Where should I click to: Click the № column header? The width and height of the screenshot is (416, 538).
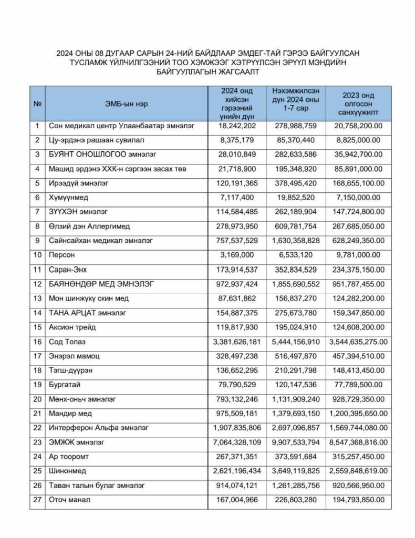click(37, 104)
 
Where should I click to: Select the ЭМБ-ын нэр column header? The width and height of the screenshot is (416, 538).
click(127, 104)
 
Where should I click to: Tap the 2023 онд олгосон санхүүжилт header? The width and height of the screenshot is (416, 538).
click(358, 104)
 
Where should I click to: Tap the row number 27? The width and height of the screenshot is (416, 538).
click(37, 500)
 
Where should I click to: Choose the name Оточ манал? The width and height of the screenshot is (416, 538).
click(69, 500)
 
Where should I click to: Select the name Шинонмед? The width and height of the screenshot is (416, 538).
click(67, 471)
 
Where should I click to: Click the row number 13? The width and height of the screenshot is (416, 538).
click(37, 298)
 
